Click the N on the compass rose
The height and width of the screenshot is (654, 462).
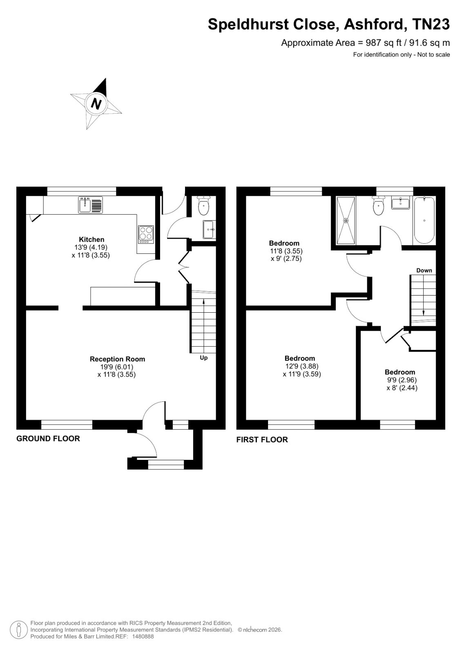96,103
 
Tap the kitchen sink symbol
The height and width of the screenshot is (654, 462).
90,204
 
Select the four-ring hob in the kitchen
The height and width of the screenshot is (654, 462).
146,235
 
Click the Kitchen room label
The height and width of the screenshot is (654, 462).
92,240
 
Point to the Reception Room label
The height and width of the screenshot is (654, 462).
117,359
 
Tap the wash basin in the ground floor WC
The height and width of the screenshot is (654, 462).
209,229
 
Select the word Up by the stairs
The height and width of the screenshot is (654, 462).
204,358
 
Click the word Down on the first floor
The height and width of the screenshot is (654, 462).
424,270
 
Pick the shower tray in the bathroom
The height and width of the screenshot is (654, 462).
346,220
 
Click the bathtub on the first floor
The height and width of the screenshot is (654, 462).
424,220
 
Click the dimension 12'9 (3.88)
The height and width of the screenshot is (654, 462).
302,366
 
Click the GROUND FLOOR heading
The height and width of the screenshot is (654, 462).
48,439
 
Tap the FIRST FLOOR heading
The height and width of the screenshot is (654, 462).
262,440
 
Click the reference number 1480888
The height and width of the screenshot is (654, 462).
143,636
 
